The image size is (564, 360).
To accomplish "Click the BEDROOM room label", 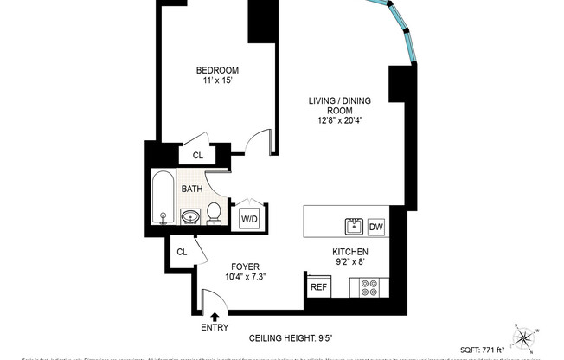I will tap(217, 70).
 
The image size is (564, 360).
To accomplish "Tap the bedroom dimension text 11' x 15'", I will tap(217, 82).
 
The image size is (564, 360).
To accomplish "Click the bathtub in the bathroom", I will tap(163, 196).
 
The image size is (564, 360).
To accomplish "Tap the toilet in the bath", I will tap(214, 213).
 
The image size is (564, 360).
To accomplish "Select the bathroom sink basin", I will tap(189, 215).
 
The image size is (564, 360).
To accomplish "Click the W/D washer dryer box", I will tap(249, 219).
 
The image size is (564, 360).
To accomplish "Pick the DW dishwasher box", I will tap(376, 227).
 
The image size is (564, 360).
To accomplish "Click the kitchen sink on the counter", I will tap(352, 227).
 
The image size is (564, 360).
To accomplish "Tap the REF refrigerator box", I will tap(317, 286).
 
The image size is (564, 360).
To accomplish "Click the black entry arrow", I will tap(215, 318).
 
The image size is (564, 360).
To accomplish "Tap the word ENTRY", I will tap(215, 329).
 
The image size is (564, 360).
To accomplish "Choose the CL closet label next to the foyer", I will tap(182, 252).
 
